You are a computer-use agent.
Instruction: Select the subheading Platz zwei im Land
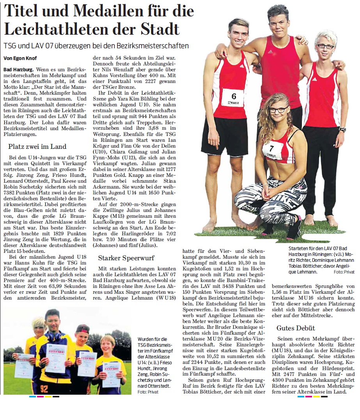pyautogui.click(x=37, y=146)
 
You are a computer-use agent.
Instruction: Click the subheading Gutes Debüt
pyautogui.click(x=296, y=328)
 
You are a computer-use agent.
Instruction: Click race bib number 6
pyautogui.click(x=233, y=96)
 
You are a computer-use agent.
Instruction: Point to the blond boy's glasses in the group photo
pyautogui.click(x=325, y=46)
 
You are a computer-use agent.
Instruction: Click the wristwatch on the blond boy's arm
pyautogui.click(x=342, y=130)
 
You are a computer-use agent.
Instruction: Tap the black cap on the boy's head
pyautogui.click(x=82, y=328)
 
